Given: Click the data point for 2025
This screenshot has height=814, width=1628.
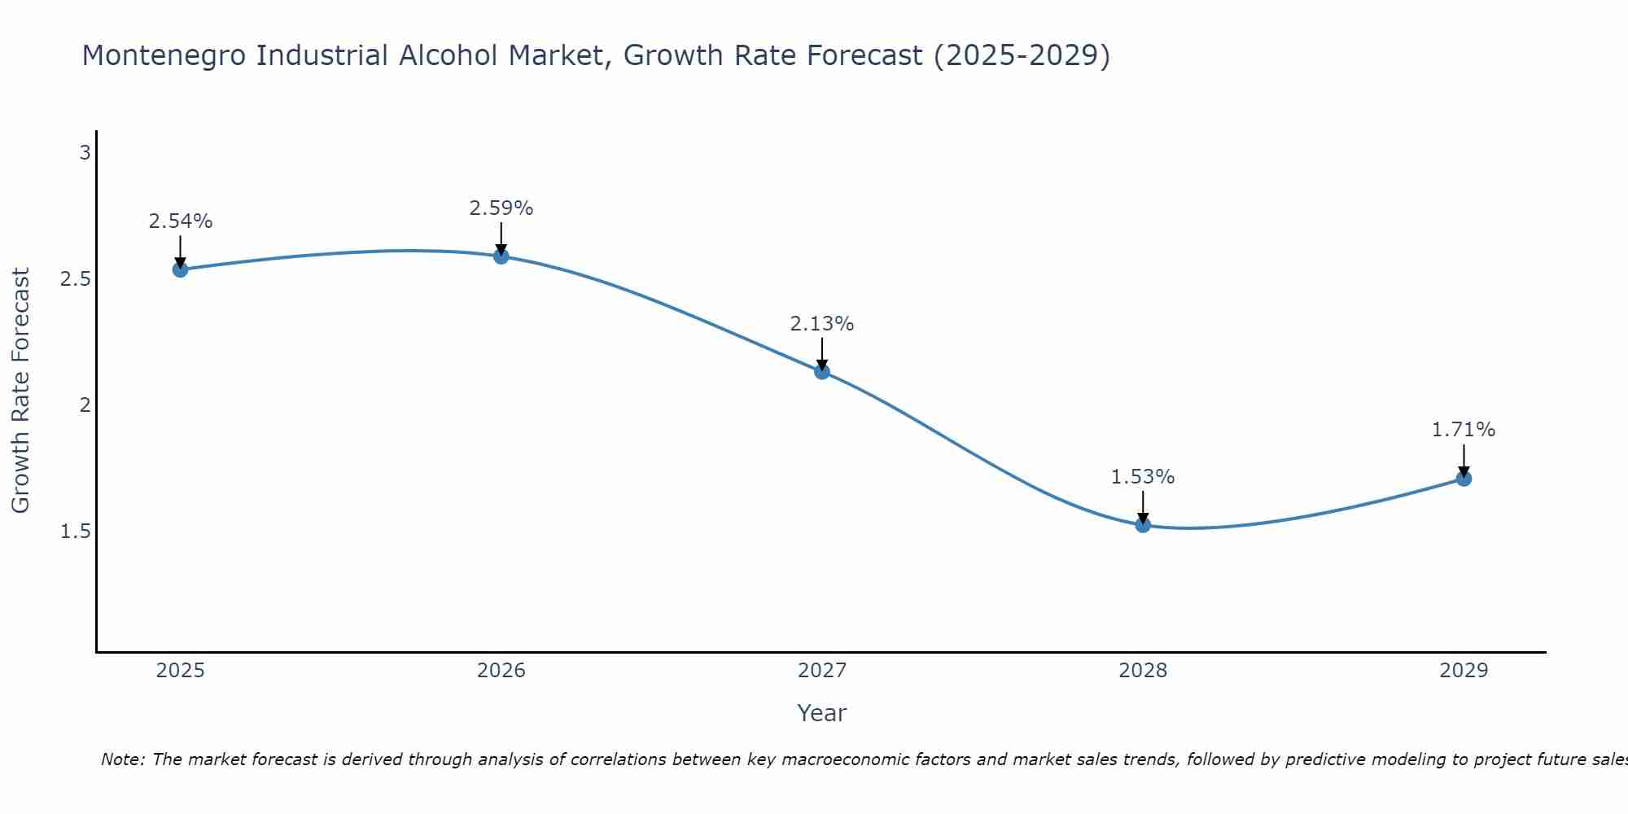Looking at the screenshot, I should point(181,269).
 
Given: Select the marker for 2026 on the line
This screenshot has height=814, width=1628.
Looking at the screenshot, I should point(501,256).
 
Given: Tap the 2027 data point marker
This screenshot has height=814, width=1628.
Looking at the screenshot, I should point(822,372).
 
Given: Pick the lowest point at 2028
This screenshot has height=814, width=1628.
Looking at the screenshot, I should point(1143,525).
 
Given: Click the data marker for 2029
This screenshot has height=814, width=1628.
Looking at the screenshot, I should point(1464,479).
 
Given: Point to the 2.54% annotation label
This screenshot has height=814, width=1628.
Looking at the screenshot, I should point(181,221).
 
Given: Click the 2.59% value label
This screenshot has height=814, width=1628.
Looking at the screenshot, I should point(501,208).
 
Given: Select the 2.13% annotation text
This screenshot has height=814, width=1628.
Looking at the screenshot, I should point(822,324).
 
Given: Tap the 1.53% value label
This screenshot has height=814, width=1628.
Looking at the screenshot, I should point(1143,477).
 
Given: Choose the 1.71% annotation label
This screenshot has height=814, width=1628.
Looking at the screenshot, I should point(1464,430).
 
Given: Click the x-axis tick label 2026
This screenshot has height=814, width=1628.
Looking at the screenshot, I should point(501,671).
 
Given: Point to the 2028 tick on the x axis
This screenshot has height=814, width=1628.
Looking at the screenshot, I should point(1143,671).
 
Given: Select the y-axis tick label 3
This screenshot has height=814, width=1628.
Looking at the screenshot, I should point(85,152).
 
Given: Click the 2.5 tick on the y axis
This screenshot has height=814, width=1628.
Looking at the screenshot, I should point(75,279).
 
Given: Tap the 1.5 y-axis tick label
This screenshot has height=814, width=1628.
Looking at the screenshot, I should point(75,532).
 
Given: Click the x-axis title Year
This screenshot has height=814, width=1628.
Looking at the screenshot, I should point(822,713).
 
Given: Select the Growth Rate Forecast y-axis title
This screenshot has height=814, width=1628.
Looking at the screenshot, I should point(20,391).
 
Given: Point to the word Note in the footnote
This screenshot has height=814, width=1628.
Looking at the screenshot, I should point(122,760).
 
